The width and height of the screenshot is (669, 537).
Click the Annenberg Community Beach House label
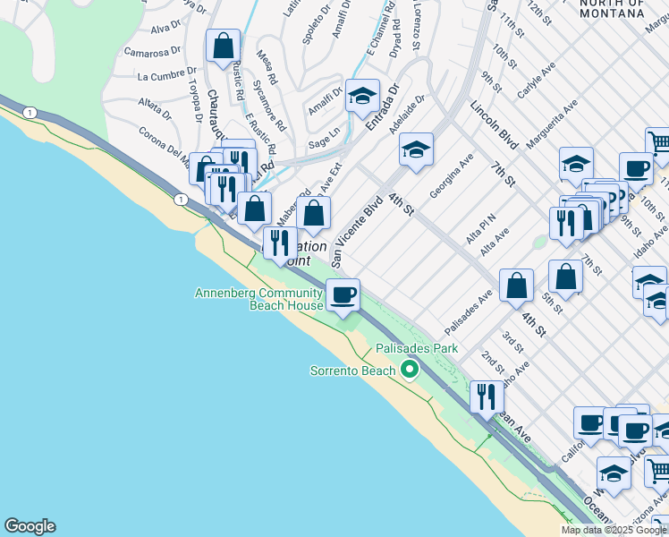259,299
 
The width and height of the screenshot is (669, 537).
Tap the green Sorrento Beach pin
411,369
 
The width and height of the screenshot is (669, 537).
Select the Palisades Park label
416,348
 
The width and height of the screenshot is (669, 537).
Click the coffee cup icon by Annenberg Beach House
342,294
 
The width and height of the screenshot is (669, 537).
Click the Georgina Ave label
452,180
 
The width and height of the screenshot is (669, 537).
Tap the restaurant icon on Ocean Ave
487,395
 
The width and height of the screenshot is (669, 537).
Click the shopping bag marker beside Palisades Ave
516,286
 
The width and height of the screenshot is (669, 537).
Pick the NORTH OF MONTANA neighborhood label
612,9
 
